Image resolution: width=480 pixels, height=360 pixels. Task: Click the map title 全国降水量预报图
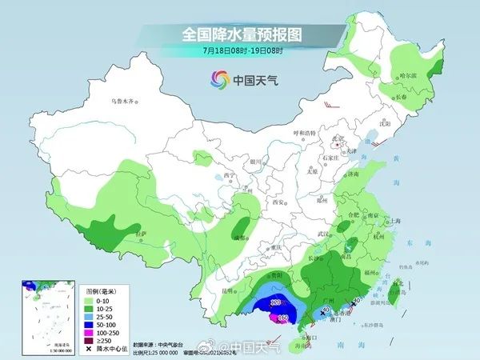click(240, 34)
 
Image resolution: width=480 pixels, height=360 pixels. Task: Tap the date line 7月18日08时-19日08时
click(240, 50)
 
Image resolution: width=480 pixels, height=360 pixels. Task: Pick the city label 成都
click(238, 238)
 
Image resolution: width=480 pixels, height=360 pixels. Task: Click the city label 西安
click(278, 202)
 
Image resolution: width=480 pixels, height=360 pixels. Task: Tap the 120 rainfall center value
click(274, 302)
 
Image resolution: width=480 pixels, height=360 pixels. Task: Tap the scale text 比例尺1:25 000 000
click(157, 351)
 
